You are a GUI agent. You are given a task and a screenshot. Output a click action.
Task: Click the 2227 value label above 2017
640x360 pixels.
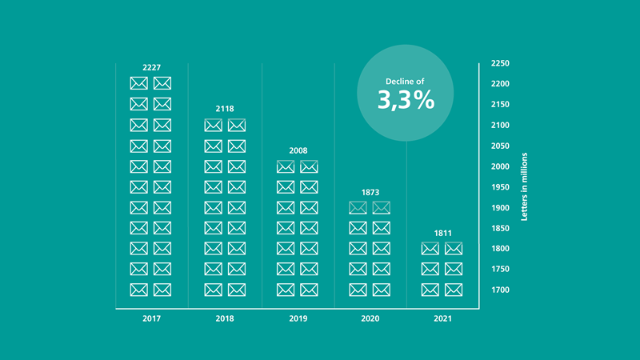(x=151, y=67)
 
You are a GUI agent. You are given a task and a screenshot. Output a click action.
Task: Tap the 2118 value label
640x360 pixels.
(x=225, y=109)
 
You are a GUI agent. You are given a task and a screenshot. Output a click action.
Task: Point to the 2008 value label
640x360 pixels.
(x=298, y=150)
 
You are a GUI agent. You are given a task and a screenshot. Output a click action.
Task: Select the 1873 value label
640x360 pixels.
(x=370, y=192)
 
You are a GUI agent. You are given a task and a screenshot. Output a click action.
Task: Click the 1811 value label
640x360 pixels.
(x=443, y=233)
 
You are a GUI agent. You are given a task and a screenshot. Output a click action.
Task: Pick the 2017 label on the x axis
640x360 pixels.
(x=151, y=318)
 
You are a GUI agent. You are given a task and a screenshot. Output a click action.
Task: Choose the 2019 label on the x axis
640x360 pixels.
(x=298, y=318)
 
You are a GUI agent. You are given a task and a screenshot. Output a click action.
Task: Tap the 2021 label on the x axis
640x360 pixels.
(x=443, y=318)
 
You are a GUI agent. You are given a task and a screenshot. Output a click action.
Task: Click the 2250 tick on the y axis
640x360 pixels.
(x=500, y=63)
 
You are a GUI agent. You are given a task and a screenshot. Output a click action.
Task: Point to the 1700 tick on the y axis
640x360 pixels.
(x=500, y=290)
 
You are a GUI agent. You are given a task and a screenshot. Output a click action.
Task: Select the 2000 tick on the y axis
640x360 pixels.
(x=500, y=166)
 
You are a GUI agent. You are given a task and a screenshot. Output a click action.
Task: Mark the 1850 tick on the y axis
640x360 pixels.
(x=500, y=228)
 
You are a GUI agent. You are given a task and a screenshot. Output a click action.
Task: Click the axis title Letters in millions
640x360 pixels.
(x=525, y=187)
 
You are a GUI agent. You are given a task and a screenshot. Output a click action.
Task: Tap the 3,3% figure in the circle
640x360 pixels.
(x=406, y=100)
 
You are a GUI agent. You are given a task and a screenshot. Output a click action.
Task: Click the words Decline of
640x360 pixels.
(x=405, y=82)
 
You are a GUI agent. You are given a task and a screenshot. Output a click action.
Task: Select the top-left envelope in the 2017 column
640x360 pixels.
(x=138, y=83)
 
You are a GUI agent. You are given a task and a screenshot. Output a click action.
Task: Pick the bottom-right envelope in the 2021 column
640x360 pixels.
(x=454, y=290)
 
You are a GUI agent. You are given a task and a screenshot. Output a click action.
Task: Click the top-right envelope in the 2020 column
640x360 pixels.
(x=382, y=208)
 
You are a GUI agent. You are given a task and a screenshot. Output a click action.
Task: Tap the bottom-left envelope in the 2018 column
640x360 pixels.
(x=213, y=290)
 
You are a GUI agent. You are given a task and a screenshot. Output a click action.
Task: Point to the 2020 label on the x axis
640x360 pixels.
(x=370, y=318)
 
